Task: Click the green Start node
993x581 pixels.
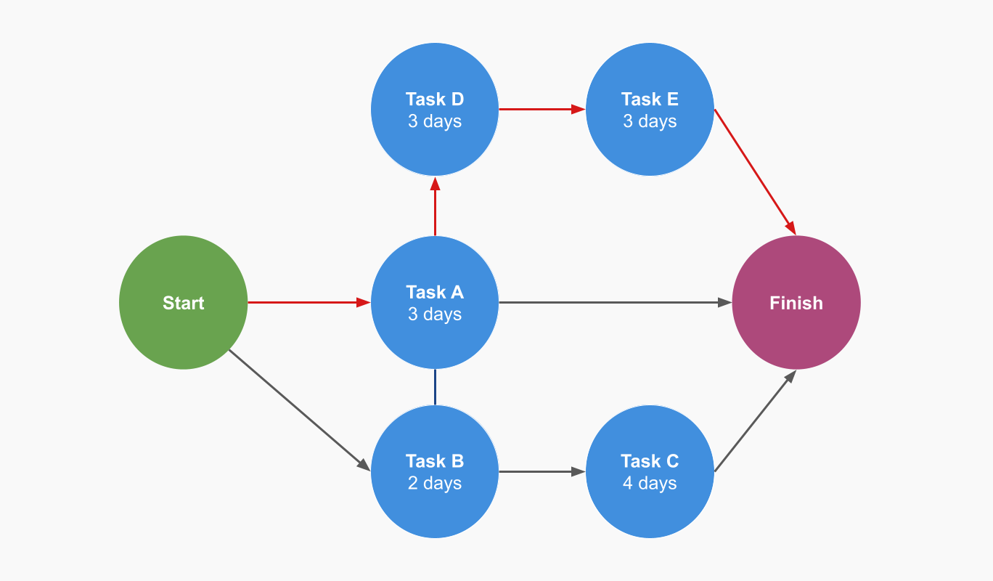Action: tap(183, 303)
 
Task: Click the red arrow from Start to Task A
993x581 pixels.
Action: tap(305, 303)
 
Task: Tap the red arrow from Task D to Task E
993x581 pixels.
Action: tap(541, 110)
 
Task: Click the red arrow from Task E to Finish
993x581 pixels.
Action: tap(755, 171)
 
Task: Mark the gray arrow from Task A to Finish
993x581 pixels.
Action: tap(613, 303)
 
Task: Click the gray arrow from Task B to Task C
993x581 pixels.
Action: tap(541, 472)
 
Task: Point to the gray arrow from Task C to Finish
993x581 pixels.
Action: tap(755, 422)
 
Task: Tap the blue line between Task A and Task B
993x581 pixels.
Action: tap(435, 387)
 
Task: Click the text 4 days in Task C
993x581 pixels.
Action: tap(650, 484)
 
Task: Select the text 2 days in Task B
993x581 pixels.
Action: tap(435, 484)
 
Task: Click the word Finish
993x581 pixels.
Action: tap(796, 303)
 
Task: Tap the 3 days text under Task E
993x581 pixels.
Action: tap(650, 121)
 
